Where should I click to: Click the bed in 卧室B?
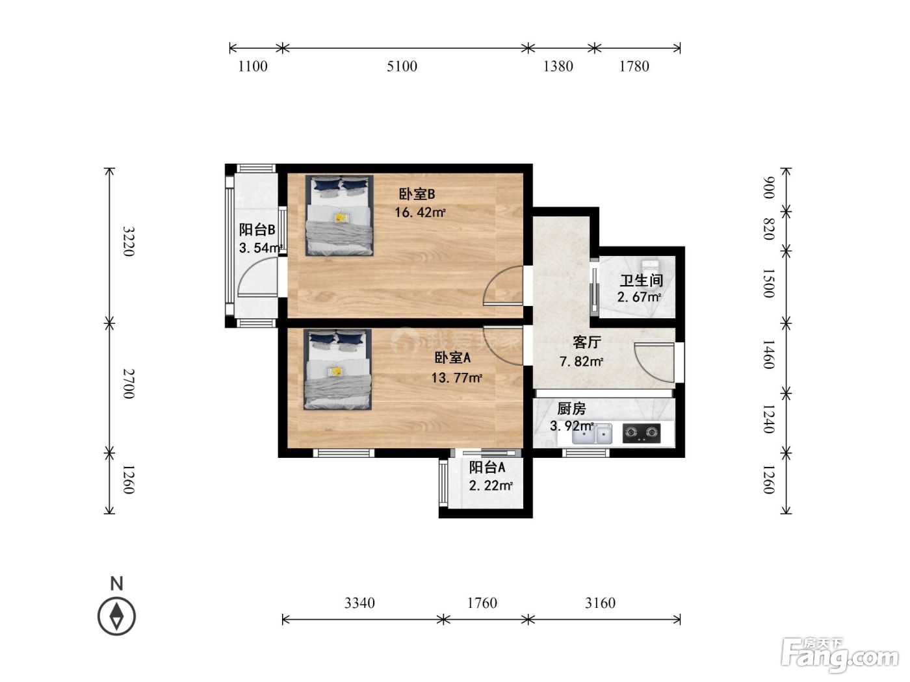339,216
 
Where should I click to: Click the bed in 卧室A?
337,370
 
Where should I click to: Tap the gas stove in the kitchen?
642,433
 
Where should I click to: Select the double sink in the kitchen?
592,433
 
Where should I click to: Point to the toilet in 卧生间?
650,266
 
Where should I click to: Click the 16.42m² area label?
420,212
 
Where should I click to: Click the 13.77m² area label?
456,377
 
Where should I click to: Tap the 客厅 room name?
587,342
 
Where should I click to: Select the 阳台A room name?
487,467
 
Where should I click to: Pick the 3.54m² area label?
261,247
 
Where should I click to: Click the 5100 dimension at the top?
402,66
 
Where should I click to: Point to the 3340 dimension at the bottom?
359,603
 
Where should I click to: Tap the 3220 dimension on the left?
129,242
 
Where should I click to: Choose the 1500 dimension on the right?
768,283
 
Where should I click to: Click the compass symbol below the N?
116,616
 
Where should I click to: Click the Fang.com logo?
840,655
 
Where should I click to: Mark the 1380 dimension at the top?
558,66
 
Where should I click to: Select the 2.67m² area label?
639,297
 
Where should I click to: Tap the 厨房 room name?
571,409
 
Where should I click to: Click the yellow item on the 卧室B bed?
342,218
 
